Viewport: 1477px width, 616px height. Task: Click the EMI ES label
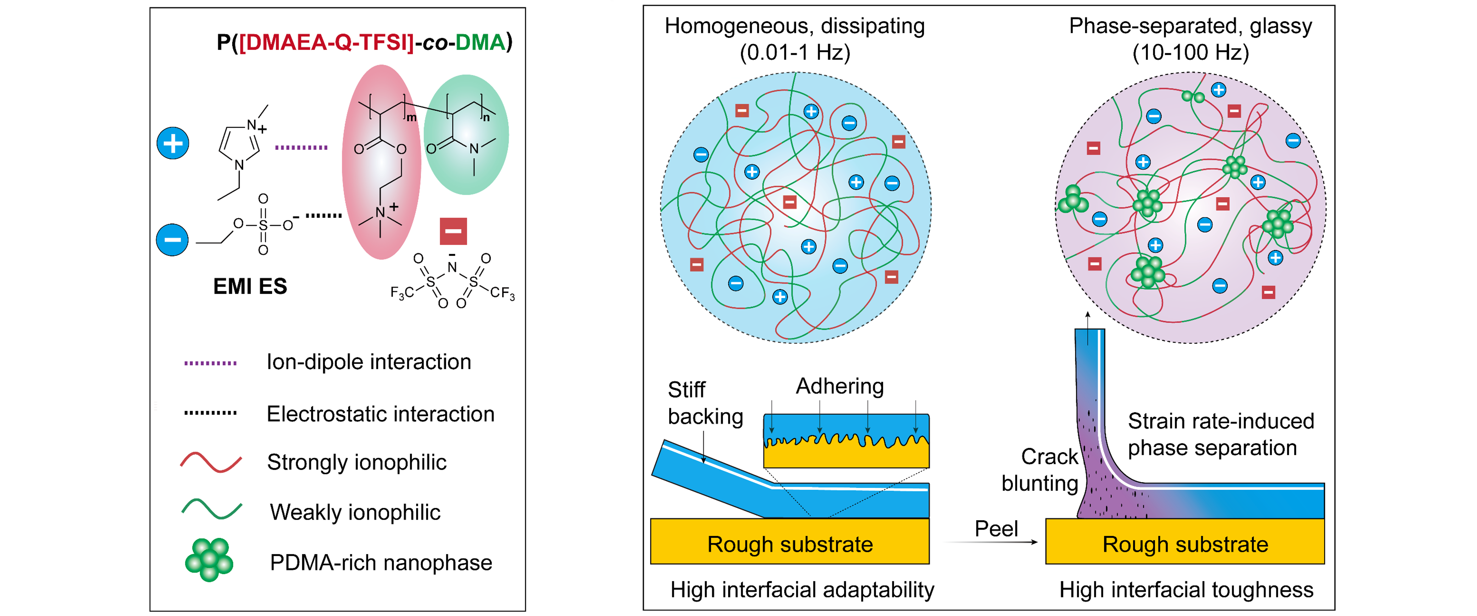coord(250,286)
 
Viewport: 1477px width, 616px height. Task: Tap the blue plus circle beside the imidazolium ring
coord(172,143)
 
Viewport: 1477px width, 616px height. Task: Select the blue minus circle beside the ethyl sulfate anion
coord(172,240)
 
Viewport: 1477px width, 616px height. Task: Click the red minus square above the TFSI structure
coord(453,231)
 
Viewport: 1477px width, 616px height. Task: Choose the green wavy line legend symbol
coord(211,509)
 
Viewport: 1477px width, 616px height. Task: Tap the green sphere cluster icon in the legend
coord(209,560)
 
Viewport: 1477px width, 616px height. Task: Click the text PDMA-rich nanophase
coord(381,563)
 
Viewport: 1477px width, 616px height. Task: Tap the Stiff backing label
coord(705,403)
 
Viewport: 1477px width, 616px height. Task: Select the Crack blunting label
coord(1040,470)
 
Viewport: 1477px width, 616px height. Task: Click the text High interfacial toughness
coord(1186,590)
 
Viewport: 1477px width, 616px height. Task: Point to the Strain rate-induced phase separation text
coord(1220,434)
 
